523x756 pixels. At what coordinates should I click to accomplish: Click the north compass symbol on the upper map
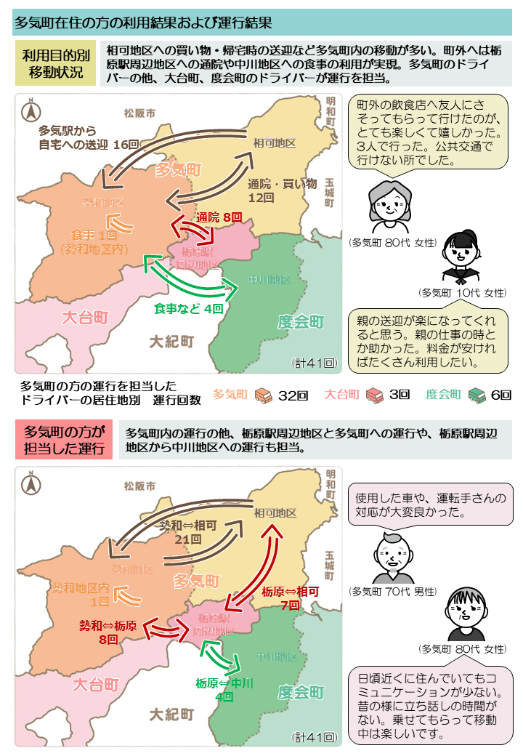click(32, 111)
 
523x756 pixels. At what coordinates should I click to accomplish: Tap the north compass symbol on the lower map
click(32, 483)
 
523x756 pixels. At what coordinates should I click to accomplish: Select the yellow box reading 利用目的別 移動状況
click(55, 63)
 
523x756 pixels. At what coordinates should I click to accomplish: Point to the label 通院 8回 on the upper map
click(219, 217)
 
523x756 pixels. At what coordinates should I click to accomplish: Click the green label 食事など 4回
click(188, 309)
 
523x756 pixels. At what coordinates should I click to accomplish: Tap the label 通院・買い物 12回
click(282, 190)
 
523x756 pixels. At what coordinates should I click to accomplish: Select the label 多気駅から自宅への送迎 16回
click(88, 137)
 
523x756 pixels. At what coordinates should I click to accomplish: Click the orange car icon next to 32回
click(262, 395)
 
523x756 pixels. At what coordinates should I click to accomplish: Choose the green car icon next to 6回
click(477, 395)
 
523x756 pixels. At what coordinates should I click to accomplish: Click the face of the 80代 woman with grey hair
click(385, 206)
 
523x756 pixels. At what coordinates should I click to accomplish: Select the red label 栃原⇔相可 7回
click(290, 598)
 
